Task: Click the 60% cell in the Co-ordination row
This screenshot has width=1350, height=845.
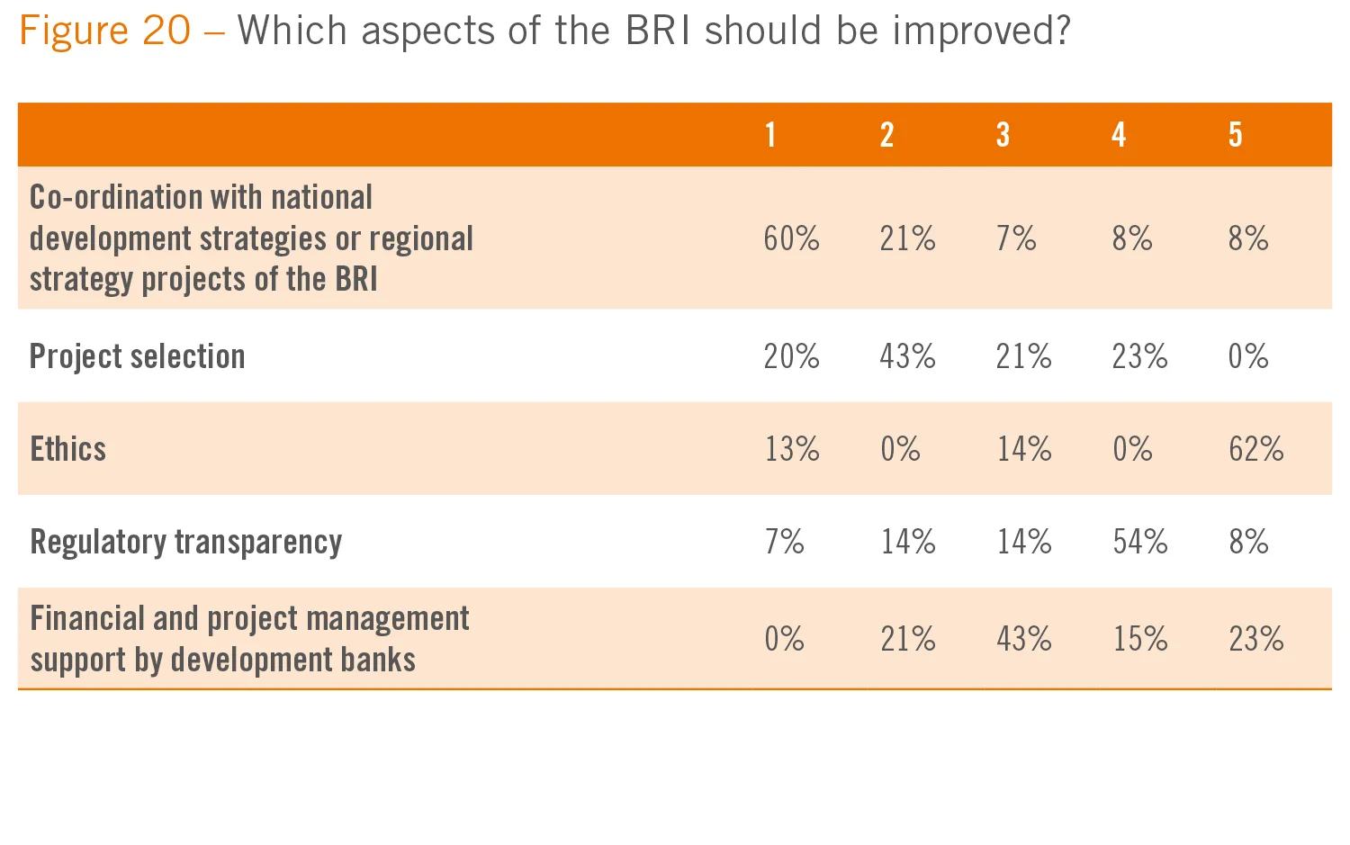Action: click(791, 239)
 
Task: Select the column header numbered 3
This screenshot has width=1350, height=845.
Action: click(1003, 135)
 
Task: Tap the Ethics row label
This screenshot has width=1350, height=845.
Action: click(68, 449)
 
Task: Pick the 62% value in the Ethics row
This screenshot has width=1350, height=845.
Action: click(1255, 449)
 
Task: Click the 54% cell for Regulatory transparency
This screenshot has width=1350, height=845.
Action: click(1139, 542)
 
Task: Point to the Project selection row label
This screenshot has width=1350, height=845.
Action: click(138, 357)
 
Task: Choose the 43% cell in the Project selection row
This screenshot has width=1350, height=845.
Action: click(907, 357)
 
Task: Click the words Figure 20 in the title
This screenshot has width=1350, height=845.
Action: click(105, 31)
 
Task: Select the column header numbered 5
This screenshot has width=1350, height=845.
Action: click(1235, 135)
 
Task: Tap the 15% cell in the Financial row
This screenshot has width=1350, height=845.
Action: click(1139, 639)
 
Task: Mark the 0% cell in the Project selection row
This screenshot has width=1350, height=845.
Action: click(1247, 357)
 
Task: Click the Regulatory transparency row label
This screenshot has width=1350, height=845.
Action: click(186, 542)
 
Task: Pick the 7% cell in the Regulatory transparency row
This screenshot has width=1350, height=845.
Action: click(784, 542)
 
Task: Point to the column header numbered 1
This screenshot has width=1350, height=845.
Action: click(770, 135)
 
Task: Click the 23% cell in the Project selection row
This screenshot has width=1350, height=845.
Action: click(1139, 357)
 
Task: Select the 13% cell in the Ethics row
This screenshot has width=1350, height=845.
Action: click(791, 449)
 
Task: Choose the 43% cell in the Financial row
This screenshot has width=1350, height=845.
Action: click(1023, 639)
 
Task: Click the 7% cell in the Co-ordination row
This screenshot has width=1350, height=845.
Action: click(1015, 239)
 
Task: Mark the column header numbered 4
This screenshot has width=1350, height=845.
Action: click(1119, 135)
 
